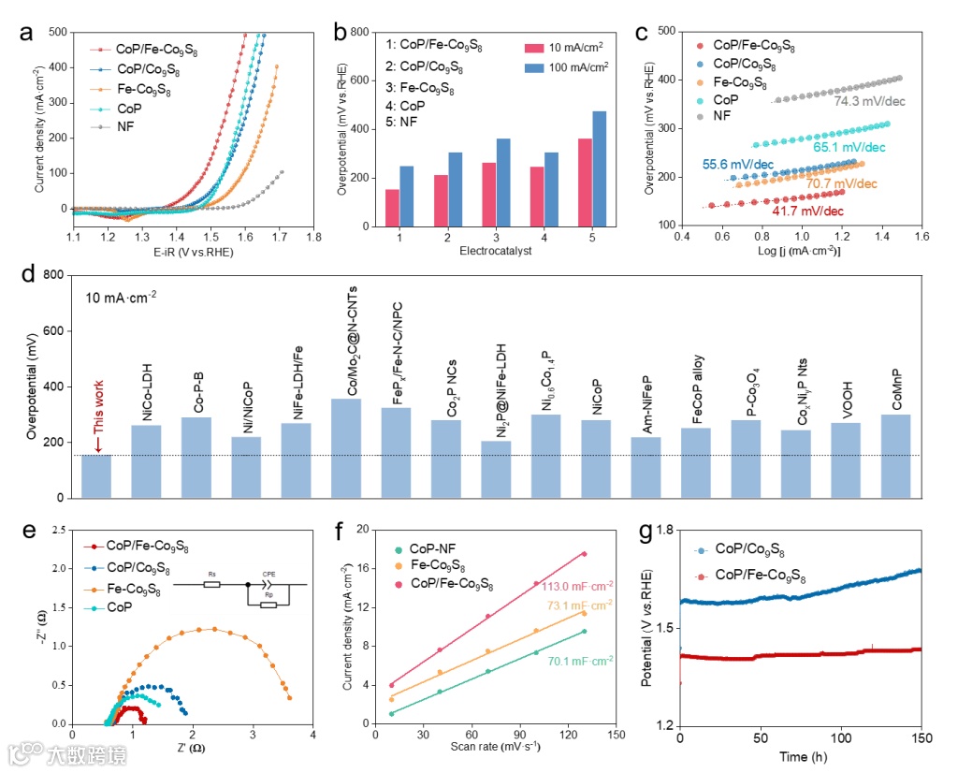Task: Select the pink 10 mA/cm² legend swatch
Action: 535,48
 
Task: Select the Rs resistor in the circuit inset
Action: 212,585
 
